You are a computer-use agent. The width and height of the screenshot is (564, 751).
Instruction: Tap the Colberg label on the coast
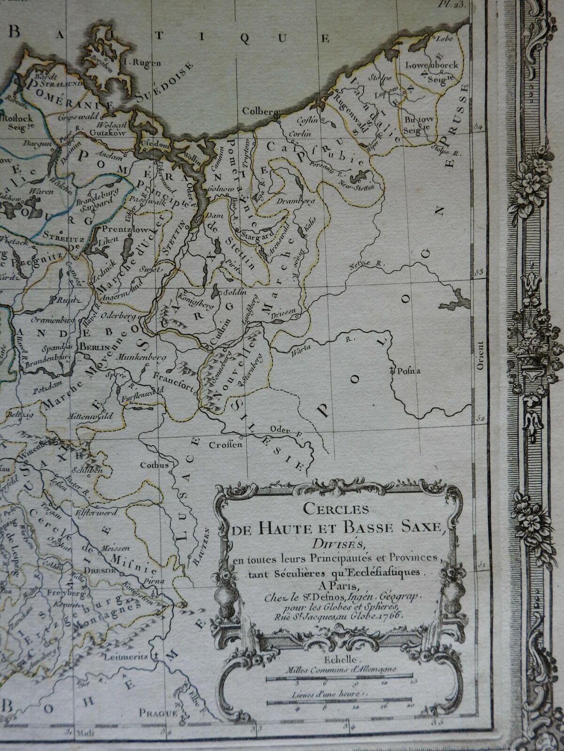click(255, 112)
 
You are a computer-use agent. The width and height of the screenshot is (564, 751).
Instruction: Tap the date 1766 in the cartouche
click(394, 616)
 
